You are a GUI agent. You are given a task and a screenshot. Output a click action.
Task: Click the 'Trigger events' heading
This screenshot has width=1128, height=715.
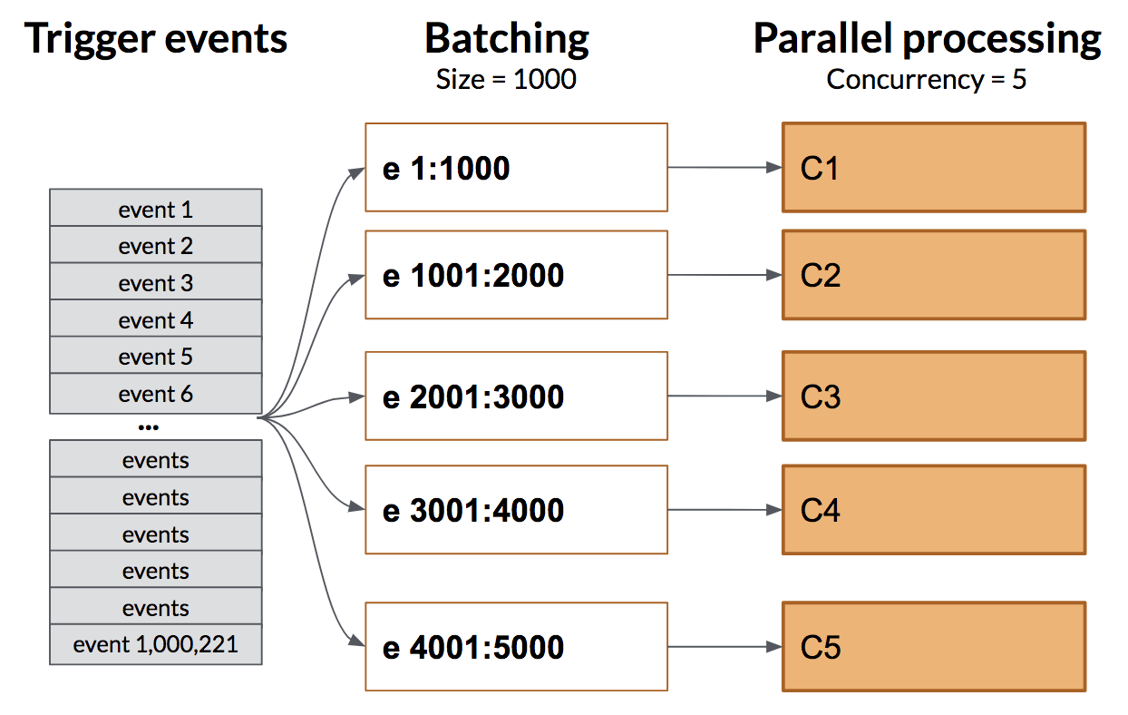[156, 39]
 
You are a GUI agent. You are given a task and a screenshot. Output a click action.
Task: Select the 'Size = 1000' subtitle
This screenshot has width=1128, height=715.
[506, 79]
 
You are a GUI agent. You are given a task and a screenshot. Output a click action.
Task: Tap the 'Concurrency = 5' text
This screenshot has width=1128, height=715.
[927, 79]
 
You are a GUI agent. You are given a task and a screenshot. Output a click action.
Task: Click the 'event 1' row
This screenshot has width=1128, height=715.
[155, 210]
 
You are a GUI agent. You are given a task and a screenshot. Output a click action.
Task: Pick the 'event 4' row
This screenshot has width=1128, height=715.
[155, 320]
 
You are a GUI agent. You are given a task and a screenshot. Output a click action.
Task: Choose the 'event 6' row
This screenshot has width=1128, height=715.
[155, 394]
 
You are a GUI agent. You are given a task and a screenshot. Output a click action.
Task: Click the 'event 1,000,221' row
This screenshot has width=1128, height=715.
[155, 645]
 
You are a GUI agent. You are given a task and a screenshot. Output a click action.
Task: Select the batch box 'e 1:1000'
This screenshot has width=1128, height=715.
[516, 168]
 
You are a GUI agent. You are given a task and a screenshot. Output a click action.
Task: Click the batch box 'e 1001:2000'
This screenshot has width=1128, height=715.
[516, 275]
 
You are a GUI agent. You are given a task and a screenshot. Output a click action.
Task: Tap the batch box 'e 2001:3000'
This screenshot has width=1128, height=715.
[516, 397]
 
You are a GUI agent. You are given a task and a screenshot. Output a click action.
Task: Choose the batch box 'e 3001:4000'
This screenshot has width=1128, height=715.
[516, 510]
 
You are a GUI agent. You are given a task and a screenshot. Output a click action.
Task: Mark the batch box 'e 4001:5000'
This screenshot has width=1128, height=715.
[516, 647]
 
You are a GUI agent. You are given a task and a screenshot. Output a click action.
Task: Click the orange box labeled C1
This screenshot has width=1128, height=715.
[933, 168]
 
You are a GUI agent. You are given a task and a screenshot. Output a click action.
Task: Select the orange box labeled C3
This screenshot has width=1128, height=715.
[933, 397]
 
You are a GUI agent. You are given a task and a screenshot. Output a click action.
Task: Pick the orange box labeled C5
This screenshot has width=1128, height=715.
[933, 647]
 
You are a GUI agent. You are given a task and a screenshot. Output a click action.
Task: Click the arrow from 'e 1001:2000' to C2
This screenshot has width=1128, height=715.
[724, 275]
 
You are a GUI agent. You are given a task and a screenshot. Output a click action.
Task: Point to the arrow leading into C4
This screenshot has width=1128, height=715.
[724, 510]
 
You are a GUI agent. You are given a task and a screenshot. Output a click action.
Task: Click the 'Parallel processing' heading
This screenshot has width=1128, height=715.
[927, 39]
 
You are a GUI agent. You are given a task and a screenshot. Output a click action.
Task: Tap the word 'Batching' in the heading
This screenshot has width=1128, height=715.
[506, 39]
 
